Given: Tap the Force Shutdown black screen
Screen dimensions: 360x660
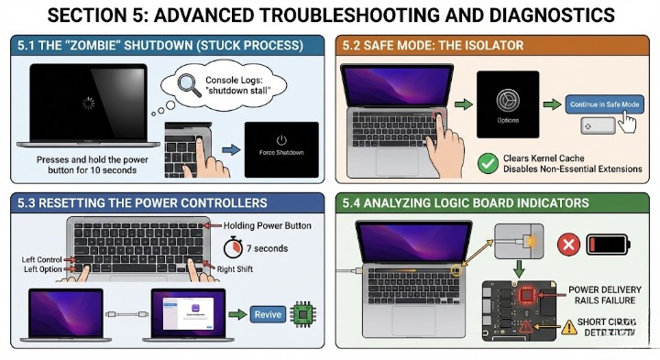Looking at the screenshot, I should click(280, 146).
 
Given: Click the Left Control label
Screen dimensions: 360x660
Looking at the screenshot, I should click(42, 259).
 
